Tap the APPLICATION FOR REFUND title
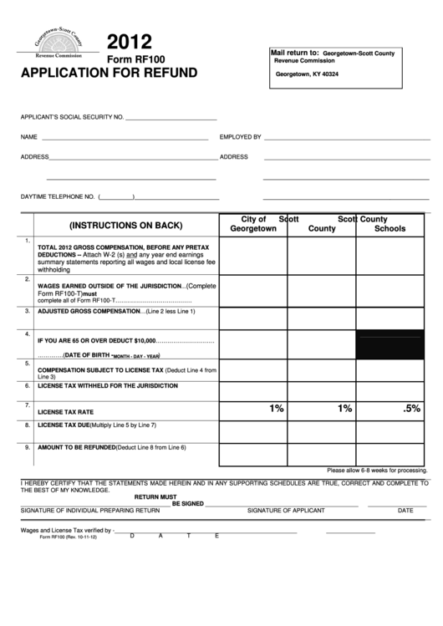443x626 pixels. (x=104, y=73)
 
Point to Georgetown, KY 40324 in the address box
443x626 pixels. (x=307, y=75)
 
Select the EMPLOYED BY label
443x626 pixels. (x=240, y=136)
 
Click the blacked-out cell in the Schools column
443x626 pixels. (x=390, y=344)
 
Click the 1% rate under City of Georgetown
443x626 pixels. (x=277, y=409)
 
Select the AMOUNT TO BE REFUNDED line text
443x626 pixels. (x=112, y=447)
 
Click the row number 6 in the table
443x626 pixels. (x=28, y=386)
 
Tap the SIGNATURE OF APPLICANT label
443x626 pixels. (x=286, y=510)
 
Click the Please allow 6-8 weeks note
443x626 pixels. (x=377, y=471)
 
